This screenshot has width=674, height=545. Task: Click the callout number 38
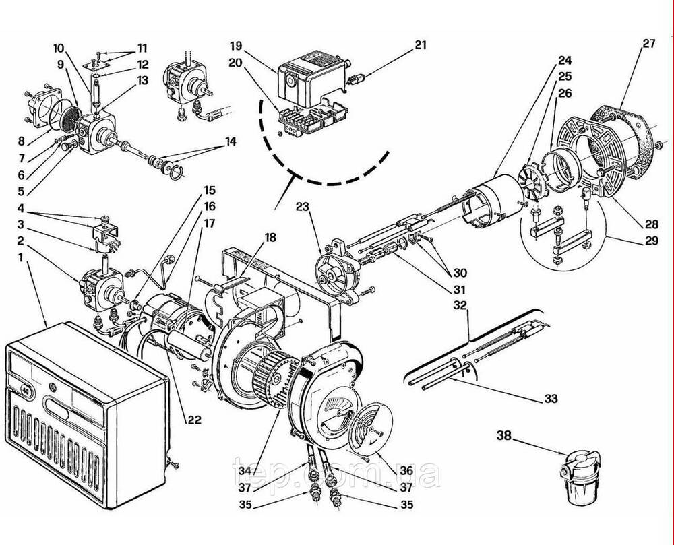504,435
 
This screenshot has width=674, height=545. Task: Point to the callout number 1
21,257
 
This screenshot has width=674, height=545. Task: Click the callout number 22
194,419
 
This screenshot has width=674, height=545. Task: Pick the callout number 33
551,399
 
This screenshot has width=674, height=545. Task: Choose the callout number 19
236,46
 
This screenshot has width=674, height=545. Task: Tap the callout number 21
421,44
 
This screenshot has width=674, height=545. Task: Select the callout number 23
303,207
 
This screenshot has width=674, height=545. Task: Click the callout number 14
231,141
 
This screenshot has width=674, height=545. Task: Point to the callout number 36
406,471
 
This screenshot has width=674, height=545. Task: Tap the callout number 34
245,471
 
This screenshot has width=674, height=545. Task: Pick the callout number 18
270,237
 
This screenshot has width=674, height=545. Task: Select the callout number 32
460,305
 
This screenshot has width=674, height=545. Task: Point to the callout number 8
22,141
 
